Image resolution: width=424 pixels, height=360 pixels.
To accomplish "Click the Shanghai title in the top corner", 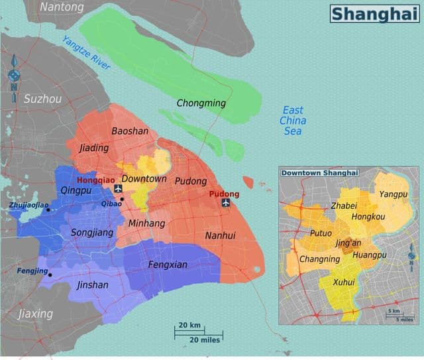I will pos(375,13).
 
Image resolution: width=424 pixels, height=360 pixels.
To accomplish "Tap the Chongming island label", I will pos(201,103).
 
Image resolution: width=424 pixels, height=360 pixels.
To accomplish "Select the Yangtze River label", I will pos(86,53).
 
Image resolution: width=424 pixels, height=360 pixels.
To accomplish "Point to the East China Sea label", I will pos(293,121).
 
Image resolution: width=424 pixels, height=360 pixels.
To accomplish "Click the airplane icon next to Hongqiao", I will pos(119,190).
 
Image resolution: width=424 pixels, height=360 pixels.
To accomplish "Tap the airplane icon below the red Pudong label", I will pos(226,203).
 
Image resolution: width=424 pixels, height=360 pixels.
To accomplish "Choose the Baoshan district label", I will pos(130,131).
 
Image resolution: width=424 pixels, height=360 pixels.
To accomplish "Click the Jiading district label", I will pos(93,148).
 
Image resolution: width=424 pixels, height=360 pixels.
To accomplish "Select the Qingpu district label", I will pos(76,190).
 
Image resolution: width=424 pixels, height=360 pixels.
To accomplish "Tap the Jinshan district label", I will pos(92,285).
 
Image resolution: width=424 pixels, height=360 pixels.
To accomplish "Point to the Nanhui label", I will pos(220,235).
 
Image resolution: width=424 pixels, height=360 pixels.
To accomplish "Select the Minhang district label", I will pos(146,223).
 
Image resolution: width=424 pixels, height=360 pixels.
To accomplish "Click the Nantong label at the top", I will pos(62,7).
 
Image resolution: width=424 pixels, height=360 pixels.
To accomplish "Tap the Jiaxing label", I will pos(35,313).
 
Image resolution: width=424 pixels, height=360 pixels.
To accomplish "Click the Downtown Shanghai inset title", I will pos(319,173).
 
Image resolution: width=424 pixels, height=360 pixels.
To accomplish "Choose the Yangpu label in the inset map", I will pos(393,194).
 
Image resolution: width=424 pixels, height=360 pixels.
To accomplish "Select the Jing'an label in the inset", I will pos(348,243).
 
